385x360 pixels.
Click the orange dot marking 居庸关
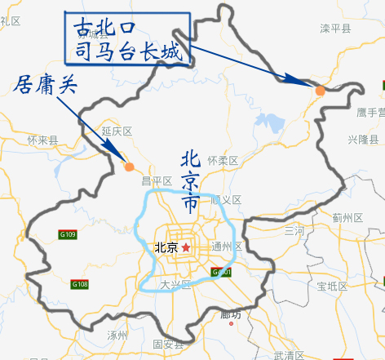point(129,167)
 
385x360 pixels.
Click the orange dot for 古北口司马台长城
point(321,91)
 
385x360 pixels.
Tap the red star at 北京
point(186,247)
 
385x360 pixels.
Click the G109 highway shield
point(68,235)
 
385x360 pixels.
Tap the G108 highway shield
point(79,284)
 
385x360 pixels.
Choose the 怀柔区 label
point(222,161)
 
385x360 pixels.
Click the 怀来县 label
point(42,140)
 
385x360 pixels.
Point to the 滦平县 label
point(334,29)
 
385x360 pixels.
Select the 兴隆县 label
point(363,140)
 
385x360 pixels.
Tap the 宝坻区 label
point(332,286)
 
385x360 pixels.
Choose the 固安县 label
point(168,344)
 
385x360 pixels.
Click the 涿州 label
point(117,335)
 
